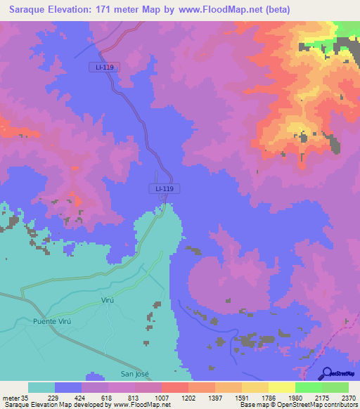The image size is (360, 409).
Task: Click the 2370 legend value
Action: [x=348, y=398]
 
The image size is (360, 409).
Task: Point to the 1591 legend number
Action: [x=241, y=398]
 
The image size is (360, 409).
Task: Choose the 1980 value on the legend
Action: [x=295, y=398]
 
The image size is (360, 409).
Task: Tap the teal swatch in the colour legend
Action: [x=41, y=387]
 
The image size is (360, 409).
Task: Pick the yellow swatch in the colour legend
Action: [x=281, y=387]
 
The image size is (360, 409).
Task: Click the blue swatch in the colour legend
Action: [x=67, y=387]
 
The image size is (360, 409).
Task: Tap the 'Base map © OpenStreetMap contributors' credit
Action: [x=310, y=405]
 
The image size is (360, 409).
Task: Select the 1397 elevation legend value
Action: [x=214, y=398]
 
